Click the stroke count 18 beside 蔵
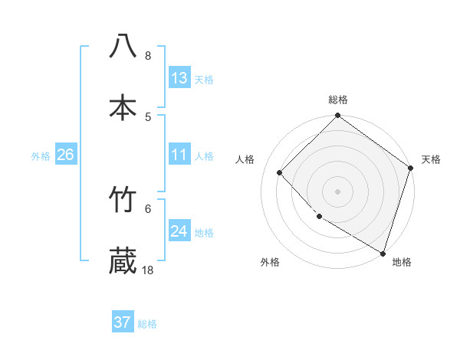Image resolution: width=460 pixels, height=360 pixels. pyautogui.click(x=148, y=270)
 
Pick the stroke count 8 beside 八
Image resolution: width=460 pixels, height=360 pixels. pyautogui.click(x=148, y=56)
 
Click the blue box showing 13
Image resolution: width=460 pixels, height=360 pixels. pyautogui.click(x=179, y=78)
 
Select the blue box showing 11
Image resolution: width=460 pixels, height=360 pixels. pyautogui.click(x=179, y=155)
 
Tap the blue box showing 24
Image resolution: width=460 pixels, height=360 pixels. pyautogui.click(x=179, y=231)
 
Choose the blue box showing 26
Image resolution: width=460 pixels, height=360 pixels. pyautogui.click(x=65, y=155)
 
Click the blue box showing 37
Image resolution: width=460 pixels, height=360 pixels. pyautogui.click(x=123, y=322)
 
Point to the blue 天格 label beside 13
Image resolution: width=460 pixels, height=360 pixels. pyautogui.click(x=203, y=80)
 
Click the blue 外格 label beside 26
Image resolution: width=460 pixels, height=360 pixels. pyautogui.click(x=41, y=156)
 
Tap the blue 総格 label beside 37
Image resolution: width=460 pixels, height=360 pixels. pyautogui.click(x=147, y=324)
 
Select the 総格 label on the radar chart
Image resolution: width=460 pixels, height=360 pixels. pyautogui.click(x=338, y=100)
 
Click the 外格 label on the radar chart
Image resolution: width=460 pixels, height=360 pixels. pyautogui.click(x=270, y=262)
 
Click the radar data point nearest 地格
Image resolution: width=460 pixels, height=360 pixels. pyautogui.click(x=383, y=252)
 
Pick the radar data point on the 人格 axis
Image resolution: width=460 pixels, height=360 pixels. pyautogui.click(x=280, y=172)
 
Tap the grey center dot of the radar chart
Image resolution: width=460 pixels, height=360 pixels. pyautogui.click(x=338, y=191)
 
